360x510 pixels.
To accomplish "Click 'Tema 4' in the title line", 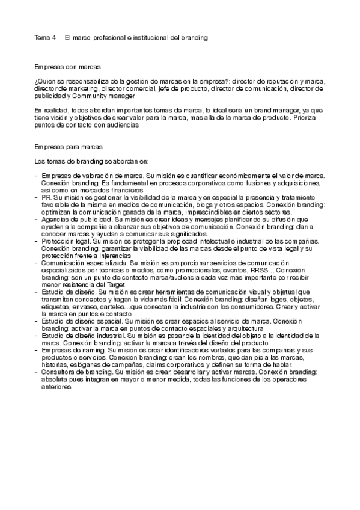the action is click(45, 37).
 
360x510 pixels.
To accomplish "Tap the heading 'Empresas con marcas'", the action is click(67, 67).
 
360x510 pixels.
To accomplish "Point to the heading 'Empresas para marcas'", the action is click(69, 146).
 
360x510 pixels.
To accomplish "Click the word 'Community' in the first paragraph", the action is click(92, 95).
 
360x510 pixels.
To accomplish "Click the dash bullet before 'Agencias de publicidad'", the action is click(36, 220).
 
